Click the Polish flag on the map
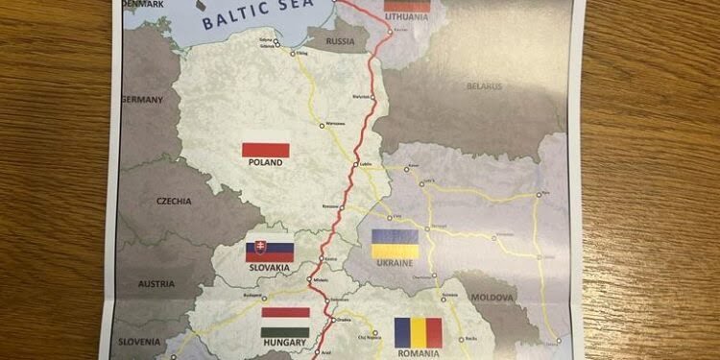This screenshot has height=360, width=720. (x=266, y=150)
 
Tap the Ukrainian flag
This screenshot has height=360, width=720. (x=395, y=243)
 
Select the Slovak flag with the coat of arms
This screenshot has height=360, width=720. (x=270, y=252)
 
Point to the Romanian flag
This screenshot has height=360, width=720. (x=419, y=332)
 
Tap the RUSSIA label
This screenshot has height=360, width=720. (x=341, y=42)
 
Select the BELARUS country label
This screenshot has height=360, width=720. (x=485, y=86)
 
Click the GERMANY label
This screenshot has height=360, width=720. (x=144, y=99)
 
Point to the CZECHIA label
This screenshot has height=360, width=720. (x=175, y=202)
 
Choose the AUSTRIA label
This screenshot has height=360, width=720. (x=156, y=283)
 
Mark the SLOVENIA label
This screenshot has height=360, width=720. (x=140, y=341)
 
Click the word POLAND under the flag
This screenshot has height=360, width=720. (x=265, y=163)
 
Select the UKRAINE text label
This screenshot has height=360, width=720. (x=394, y=262)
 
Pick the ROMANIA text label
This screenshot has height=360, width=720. (x=418, y=353)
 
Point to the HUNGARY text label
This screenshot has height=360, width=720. (x=284, y=342)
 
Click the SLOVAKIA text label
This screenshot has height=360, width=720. (x=269, y=269)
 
